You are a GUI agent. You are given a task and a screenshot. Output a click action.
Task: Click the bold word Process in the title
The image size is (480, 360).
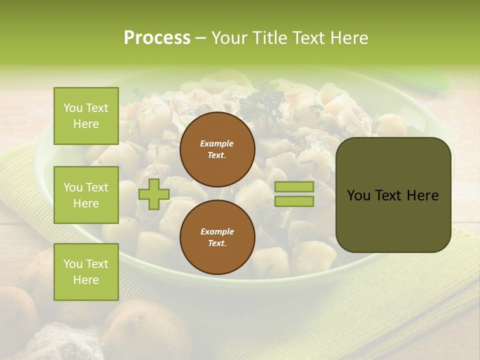pyautogui.click(x=157, y=38)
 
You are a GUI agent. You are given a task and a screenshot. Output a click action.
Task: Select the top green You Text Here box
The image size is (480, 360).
pyautogui.click(x=86, y=116)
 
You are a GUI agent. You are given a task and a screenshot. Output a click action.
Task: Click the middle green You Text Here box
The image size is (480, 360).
pyautogui.click(x=86, y=195)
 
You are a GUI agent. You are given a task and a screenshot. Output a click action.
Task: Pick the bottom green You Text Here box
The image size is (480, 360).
pyautogui.click(x=86, y=271)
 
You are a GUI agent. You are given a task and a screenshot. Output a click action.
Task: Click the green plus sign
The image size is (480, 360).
pyautogui.click(x=154, y=194)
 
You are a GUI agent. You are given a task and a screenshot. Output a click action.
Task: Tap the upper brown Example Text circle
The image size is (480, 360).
pyautogui.click(x=217, y=149)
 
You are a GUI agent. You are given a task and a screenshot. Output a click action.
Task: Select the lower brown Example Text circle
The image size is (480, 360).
pyautogui.click(x=217, y=237)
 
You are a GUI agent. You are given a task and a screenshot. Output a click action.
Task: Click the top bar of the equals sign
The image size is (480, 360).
pyautogui.click(x=294, y=187)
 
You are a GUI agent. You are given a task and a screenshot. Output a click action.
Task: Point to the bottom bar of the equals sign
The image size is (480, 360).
pyautogui.click(x=294, y=201)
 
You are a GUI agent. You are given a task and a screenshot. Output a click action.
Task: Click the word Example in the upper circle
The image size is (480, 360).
pyautogui.click(x=217, y=143)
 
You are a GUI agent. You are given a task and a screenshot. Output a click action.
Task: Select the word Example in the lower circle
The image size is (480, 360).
pyautogui.click(x=217, y=231)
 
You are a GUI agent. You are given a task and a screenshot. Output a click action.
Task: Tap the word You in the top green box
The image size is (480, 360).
pyautogui.click(x=73, y=108)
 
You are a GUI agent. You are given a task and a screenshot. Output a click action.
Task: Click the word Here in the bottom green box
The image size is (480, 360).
pyautogui.click(x=86, y=280)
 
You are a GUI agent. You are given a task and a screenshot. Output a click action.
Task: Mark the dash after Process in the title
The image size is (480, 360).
pyautogui.click(x=200, y=38)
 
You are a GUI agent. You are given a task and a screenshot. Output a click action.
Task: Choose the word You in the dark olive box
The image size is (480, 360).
pyautogui.click(x=358, y=195)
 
